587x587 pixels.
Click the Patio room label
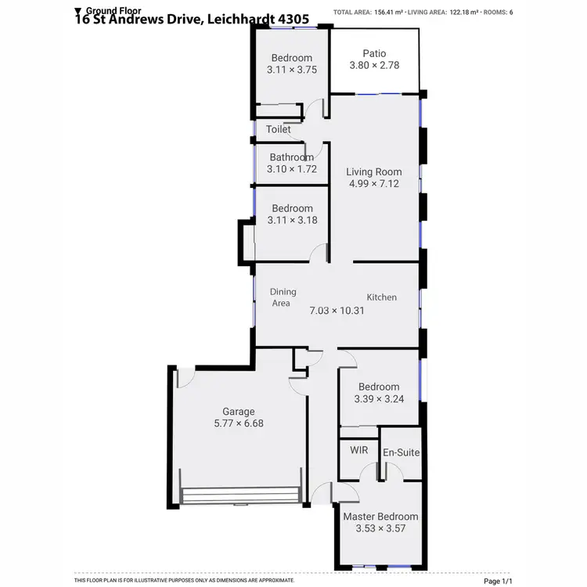click(374, 53)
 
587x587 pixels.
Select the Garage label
click(239, 411)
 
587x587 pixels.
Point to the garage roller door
click(239, 495)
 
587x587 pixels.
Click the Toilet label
click(278, 129)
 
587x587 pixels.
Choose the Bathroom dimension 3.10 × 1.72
click(291, 169)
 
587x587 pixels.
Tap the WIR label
click(358, 451)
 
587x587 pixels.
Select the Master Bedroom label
click(380, 517)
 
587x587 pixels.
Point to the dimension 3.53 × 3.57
click(380, 528)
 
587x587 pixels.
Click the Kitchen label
click(382, 297)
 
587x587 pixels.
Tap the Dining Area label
click(283, 297)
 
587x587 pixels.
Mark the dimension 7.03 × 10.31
click(338, 310)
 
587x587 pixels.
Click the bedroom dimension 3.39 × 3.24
click(379, 398)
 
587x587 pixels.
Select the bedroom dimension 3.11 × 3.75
click(291, 70)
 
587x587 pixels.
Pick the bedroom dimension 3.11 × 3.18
click(291, 221)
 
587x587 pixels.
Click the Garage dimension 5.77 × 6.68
click(239, 423)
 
